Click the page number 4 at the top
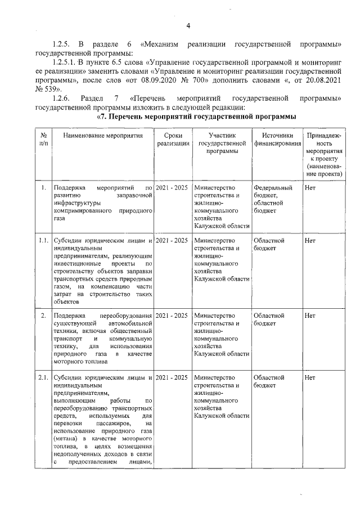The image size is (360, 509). pos(188,25)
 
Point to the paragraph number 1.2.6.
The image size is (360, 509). pos(61,98)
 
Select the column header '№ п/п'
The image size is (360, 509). pos(43,139)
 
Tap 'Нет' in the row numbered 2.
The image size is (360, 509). pos(309,316)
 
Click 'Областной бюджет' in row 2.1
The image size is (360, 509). pos(269,381)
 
